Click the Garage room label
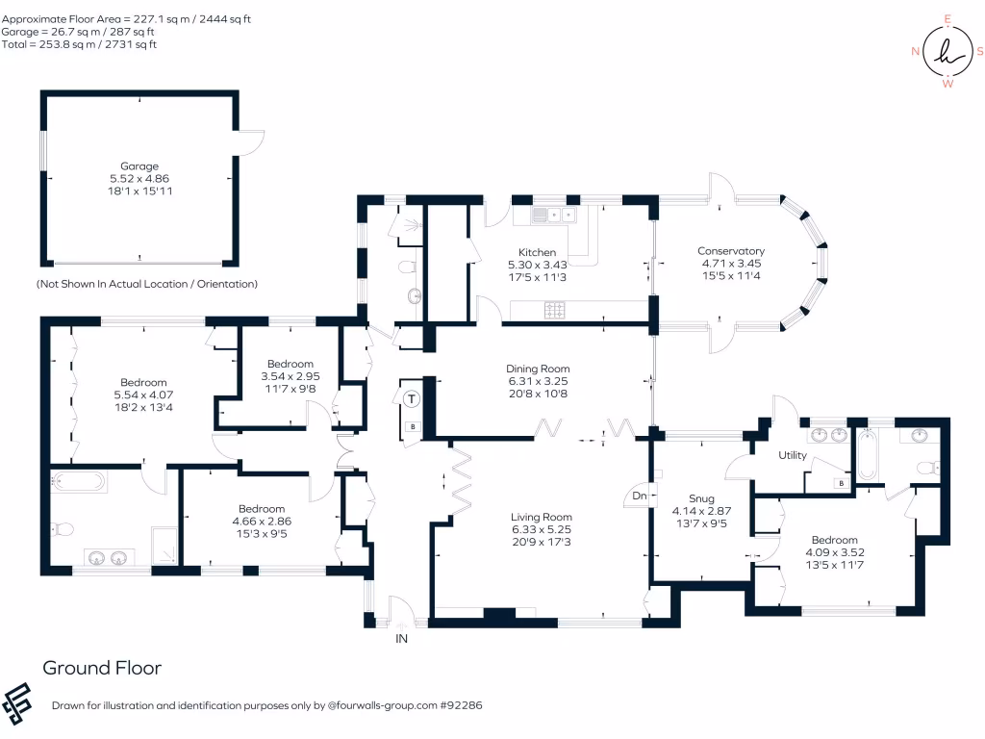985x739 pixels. (139, 166)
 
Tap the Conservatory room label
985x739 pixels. (731, 251)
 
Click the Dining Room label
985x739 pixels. (538, 369)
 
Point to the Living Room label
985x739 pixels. (542, 517)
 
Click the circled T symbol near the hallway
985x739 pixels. (412, 398)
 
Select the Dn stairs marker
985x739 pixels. (639, 497)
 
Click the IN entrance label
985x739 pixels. (401, 637)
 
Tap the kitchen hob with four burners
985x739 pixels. (556, 310)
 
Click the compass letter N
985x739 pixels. (915, 52)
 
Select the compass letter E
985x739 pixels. (947, 19)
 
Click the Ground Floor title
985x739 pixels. (102, 668)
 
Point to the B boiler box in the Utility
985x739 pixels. (842, 482)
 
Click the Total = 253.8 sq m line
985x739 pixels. (79, 44)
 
